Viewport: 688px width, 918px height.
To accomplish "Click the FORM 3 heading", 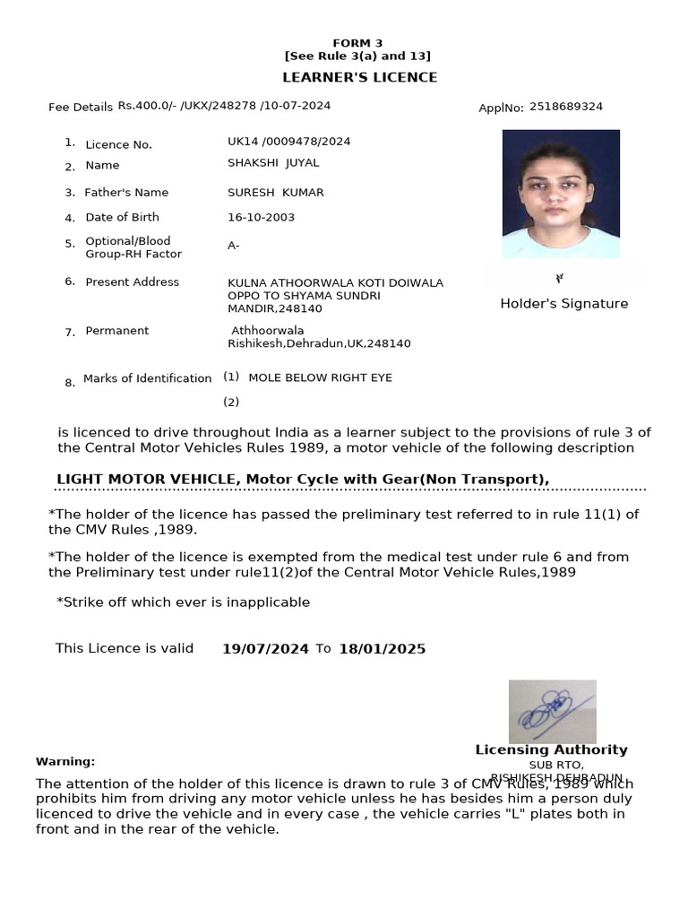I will (x=357, y=43).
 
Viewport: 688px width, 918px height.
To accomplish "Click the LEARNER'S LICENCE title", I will (x=360, y=77).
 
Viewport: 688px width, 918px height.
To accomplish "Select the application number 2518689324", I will (x=566, y=107).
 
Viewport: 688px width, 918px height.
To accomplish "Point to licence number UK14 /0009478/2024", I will (x=289, y=142).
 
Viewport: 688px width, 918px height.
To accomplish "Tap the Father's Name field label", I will (x=126, y=193).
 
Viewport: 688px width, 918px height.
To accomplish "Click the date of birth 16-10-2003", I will (x=261, y=217).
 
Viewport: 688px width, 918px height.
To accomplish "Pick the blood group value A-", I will (x=234, y=246).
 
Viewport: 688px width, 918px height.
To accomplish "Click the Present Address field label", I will (x=132, y=282).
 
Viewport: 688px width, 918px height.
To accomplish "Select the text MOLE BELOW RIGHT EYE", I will (x=320, y=377).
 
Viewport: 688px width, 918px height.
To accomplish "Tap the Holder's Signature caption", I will (x=563, y=304).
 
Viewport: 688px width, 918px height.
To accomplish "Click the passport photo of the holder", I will (x=561, y=194).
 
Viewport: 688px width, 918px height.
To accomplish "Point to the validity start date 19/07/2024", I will (x=265, y=649).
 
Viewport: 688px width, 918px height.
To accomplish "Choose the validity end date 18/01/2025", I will (x=382, y=649).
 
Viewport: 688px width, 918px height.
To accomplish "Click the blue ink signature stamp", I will (x=552, y=711).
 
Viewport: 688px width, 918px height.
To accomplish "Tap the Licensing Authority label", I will (x=551, y=749).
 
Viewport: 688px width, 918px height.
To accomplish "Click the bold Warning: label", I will (x=65, y=761).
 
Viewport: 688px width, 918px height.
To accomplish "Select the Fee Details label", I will (x=81, y=108).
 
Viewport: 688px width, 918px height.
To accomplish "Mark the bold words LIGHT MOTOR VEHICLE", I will (x=146, y=480).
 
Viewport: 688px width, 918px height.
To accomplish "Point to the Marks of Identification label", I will (x=147, y=378).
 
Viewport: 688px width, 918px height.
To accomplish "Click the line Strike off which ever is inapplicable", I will (x=185, y=602).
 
